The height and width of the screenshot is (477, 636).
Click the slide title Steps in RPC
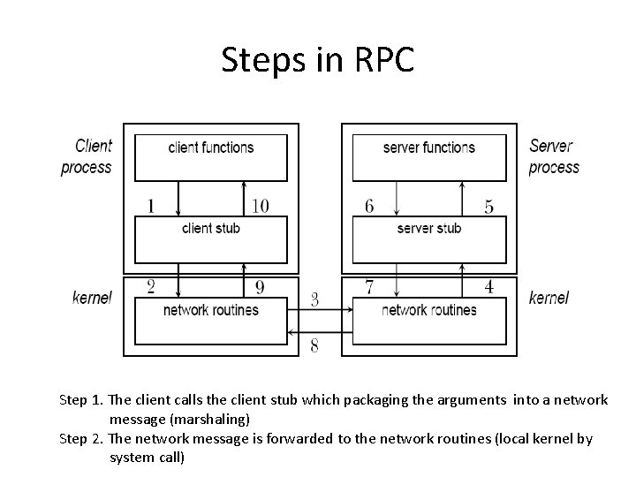(317, 60)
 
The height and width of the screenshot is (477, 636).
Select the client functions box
(210, 156)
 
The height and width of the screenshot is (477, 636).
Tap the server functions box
(429, 156)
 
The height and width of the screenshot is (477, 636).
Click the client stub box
(210, 238)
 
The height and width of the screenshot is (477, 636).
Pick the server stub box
(429, 238)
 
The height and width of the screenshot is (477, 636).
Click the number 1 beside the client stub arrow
(151, 206)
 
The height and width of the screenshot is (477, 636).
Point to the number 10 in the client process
(260, 206)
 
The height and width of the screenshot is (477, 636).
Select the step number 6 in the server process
(369, 206)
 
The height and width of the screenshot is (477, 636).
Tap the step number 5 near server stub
(488, 207)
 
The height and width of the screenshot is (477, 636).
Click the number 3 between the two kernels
(314, 300)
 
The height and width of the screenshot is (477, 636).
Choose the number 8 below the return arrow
(314, 346)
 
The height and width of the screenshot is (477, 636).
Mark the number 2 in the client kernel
(151, 285)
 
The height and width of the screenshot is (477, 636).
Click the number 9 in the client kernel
(260, 286)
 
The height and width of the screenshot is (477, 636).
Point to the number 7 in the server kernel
(369, 285)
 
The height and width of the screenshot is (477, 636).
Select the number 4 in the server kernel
(488, 286)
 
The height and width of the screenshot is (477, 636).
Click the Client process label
(87, 156)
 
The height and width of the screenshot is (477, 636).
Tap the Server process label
(554, 156)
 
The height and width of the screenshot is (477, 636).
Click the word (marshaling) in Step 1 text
(179, 419)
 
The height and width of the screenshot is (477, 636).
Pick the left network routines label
(210, 310)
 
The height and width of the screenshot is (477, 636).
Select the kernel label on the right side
(549, 298)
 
